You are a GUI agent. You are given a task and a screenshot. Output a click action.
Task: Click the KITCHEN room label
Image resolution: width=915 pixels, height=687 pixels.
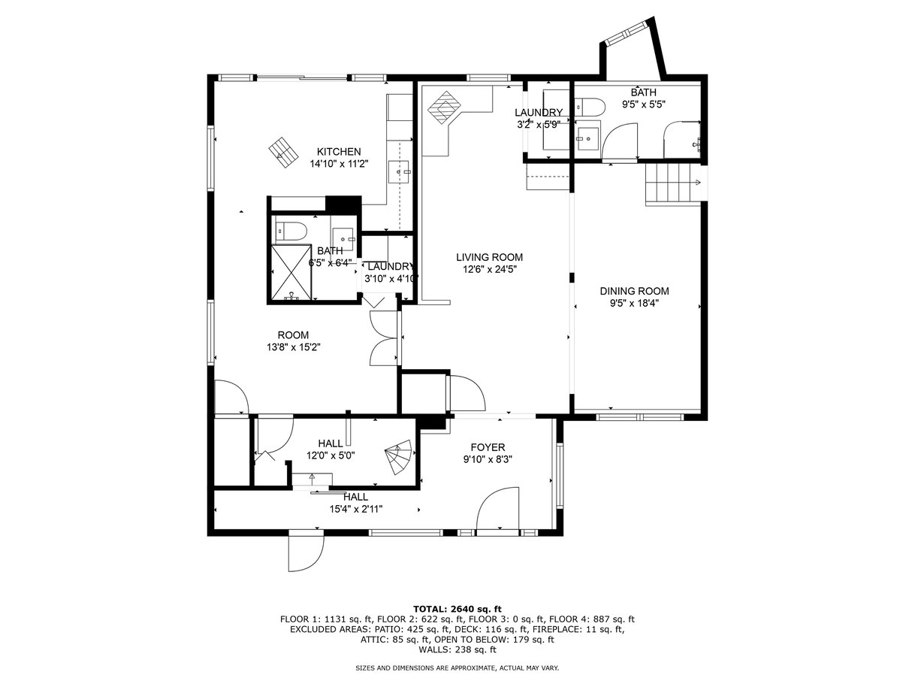tap(339, 151)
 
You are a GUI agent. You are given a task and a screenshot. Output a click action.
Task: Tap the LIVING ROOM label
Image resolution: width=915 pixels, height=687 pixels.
tap(489, 257)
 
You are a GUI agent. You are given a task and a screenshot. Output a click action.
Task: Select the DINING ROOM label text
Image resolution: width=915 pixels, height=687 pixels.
tap(635, 291)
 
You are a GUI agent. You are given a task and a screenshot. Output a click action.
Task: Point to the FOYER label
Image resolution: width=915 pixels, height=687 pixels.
tap(488, 447)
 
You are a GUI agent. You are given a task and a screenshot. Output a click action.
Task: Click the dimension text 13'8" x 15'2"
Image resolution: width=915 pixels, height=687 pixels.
tap(294, 347)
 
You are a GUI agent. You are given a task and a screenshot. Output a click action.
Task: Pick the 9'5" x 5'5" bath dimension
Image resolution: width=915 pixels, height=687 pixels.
tap(644, 104)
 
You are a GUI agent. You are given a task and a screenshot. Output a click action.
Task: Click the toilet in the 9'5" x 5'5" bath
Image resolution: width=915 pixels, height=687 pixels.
tap(590, 107)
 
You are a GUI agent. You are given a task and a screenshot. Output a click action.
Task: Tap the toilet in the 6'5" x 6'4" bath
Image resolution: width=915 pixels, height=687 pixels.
tap(291, 231)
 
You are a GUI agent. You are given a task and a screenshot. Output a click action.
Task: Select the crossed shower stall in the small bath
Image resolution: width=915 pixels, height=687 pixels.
tap(291, 272)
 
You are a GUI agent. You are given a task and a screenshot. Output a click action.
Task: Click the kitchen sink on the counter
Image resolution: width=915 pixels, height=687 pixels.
tap(398, 172)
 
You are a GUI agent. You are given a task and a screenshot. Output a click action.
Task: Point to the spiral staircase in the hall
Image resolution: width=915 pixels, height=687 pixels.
tap(399, 457)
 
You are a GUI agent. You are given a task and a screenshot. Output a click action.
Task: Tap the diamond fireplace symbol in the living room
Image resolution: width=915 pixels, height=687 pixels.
tap(445, 107)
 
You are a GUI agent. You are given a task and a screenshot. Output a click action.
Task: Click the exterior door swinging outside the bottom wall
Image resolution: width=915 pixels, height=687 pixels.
tap(306, 553)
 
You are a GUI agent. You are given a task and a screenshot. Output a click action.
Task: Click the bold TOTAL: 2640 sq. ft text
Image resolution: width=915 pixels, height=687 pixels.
tap(457, 609)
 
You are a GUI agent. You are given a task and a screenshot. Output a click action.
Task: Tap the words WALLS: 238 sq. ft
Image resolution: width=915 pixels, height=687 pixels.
tap(457, 649)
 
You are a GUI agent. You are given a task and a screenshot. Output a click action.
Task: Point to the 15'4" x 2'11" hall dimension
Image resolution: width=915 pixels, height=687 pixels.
tap(355, 509)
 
